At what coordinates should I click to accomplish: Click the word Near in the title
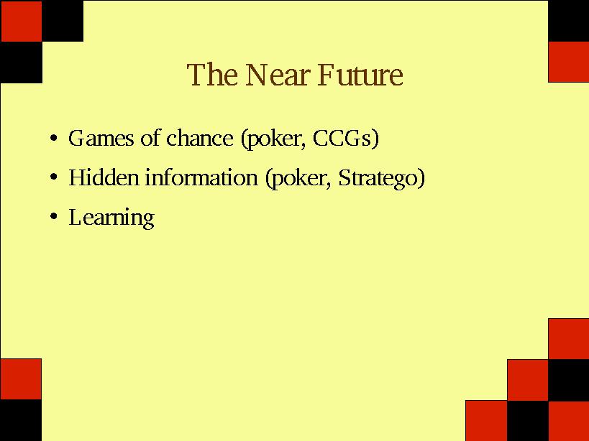pos(276,75)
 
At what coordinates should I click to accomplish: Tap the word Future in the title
pos(360,75)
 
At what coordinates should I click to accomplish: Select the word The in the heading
pos(212,75)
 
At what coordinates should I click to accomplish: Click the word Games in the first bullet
pos(101,138)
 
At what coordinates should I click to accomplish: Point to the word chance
pos(200,138)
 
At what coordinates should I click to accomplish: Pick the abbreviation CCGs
pos(342,138)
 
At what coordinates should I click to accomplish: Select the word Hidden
pos(104,177)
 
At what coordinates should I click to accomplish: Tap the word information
pos(201,177)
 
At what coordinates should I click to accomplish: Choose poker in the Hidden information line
pos(298,179)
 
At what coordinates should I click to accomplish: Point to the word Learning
pos(111,218)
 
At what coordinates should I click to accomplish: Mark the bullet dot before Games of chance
pos(54,139)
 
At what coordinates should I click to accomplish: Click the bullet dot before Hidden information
pos(54,177)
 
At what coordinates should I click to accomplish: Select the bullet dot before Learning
pos(54,216)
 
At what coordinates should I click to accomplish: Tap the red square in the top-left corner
pos(21,21)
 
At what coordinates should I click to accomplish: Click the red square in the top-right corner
pos(568,62)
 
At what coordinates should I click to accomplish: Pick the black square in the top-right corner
pos(568,21)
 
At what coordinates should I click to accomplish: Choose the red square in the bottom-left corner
pos(21,379)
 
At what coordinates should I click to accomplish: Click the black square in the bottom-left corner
pos(21,420)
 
